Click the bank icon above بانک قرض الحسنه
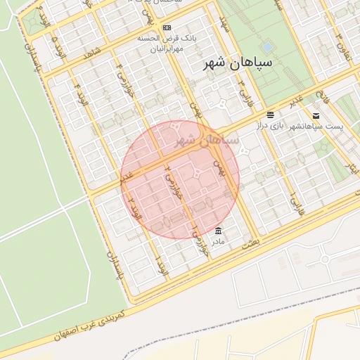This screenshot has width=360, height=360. point(167,27)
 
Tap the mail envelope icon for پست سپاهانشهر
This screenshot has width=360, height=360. point(316,115)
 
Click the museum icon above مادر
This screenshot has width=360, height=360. point(219,231)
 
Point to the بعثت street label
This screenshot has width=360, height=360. point(250,241)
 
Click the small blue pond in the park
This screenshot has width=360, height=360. point(268,48)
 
